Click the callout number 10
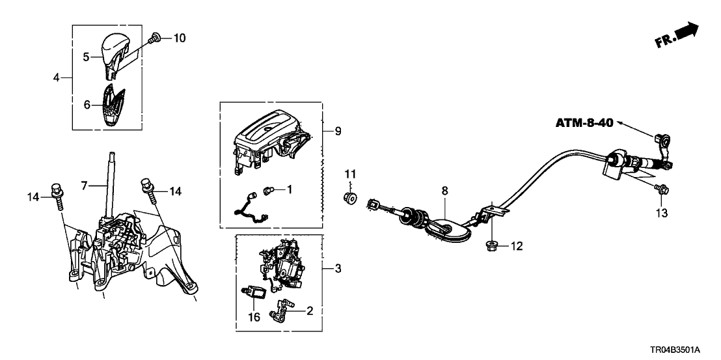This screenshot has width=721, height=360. [x=179, y=38]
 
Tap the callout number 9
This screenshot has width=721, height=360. [x=337, y=131]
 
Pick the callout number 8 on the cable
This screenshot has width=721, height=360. [x=444, y=191]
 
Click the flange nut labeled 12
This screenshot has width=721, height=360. [x=490, y=246]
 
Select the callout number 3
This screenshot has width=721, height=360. [x=337, y=268]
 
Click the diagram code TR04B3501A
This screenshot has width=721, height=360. [x=681, y=350]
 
